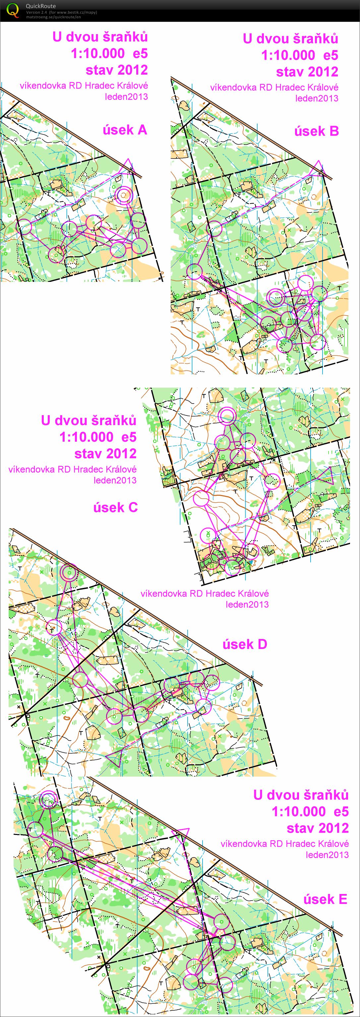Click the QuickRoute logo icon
click(x=13, y=10)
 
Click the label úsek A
click(x=125, y=130)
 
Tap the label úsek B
click(x=316, y=131)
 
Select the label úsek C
click(x=115, y=507)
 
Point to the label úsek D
click(x=245, y=644)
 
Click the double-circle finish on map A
click(x=124, y=194)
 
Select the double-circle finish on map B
click(x=275, y=297)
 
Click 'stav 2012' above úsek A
click(x=116, y=70)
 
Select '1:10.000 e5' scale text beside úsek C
click(x=98, y=437)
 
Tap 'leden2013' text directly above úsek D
click(x=247, y=604)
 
